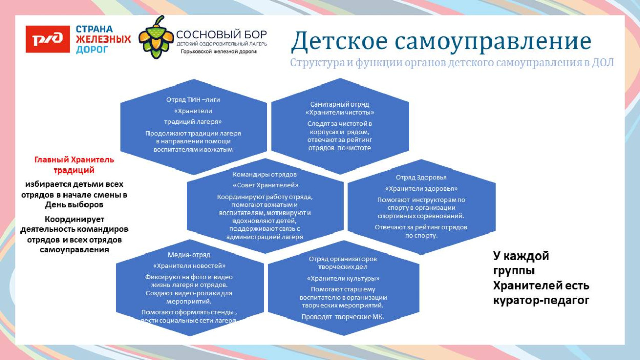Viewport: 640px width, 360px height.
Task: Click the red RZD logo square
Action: pos(47,39)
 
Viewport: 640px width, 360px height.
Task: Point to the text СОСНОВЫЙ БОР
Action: pos(221,34)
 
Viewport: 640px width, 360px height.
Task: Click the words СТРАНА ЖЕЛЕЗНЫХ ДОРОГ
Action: pos(102,39)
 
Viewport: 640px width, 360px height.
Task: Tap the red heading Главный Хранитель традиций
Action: pos(74,165)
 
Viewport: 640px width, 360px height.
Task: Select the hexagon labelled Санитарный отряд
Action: pos(339,125)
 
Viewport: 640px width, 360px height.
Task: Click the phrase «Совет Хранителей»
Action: pos(265,185)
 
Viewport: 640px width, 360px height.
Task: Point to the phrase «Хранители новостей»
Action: pos(189,266)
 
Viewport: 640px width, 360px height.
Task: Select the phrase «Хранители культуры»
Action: pos(343,278)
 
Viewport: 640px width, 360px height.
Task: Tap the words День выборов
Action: pos(74,204)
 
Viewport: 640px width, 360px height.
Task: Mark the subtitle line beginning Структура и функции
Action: pos(452,63)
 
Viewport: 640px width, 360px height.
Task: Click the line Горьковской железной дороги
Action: pos(219,52)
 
